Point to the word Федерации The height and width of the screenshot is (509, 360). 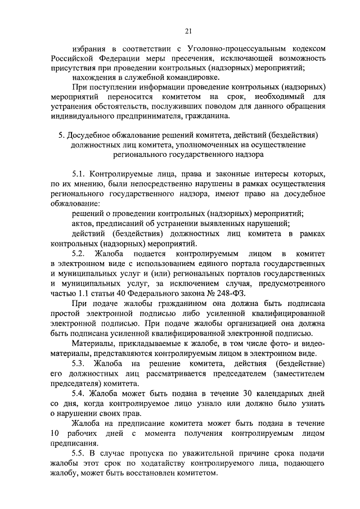120,59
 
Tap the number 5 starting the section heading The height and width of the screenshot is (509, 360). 61,136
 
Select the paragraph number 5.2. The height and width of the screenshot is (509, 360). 80,253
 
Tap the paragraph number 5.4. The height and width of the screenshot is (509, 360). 80,393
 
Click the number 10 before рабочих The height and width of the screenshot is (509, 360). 55,433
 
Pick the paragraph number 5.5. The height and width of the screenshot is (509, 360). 80,452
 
